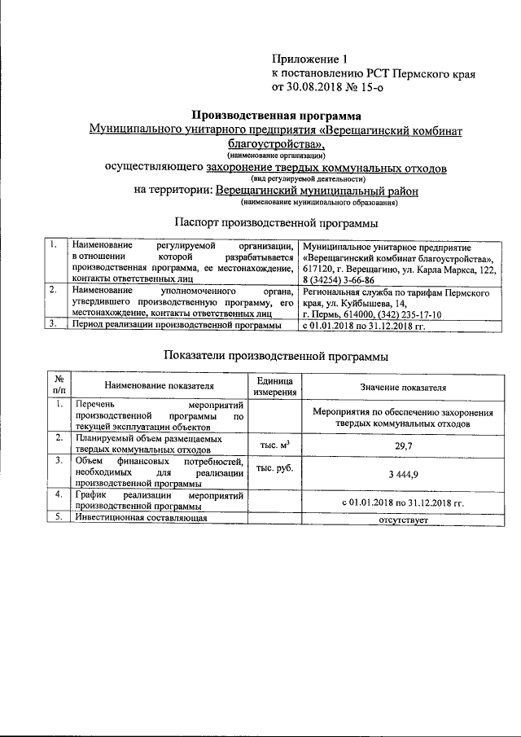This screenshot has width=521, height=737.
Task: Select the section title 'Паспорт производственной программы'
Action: pos(277,222)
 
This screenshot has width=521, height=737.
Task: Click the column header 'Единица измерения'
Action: pos(276,387)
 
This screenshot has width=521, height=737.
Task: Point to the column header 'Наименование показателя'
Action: pos(159,388)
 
